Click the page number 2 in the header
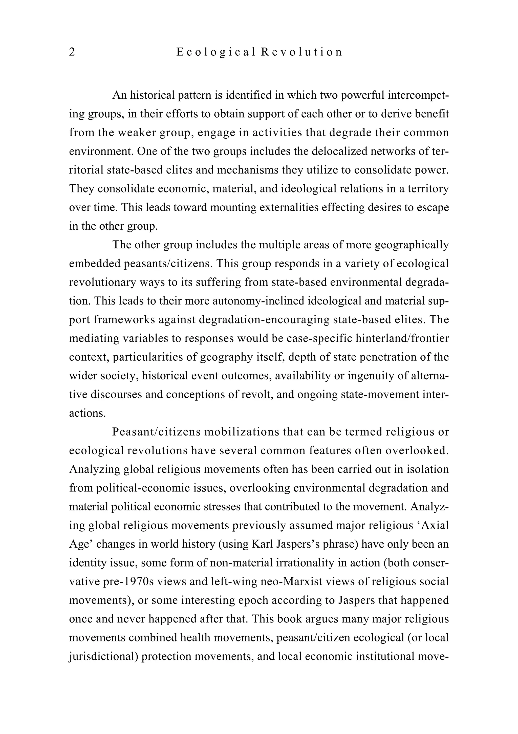click(72, 52)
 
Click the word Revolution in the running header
click(301, 52)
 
